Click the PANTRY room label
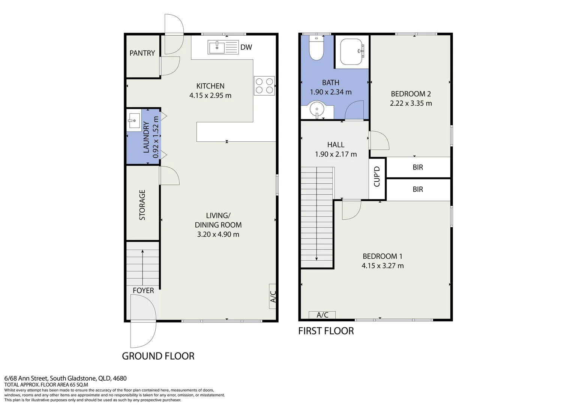142,53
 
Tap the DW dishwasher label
246,47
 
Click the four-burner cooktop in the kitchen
264,86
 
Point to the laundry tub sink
134,120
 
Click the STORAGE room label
142,205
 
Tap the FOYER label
143,290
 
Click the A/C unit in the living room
272,296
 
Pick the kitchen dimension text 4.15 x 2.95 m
210,95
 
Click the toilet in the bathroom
316,48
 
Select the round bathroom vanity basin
317,109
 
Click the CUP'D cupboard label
377,177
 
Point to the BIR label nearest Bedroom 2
418,167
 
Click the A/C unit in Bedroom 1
322,315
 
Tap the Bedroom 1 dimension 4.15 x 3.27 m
382,266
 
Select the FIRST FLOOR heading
326,331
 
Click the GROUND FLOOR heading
158,356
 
